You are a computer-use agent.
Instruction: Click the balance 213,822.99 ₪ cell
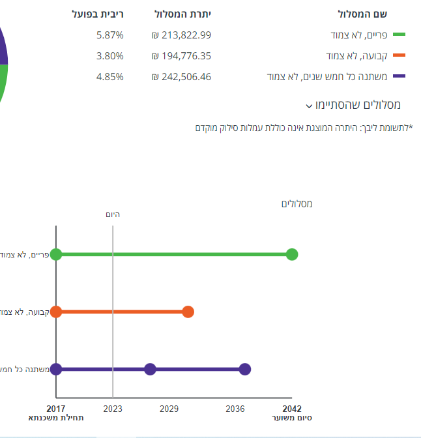click(x=181, y=35)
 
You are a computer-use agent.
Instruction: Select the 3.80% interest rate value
click(x=109, y=56)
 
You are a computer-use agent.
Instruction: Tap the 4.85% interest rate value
click(x=109, y=77)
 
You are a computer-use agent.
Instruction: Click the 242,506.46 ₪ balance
click(x=181, y=77)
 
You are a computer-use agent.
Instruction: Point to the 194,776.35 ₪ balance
click(x=181, y=56)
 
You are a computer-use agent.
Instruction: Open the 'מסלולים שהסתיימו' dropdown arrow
click(x=308, y=106)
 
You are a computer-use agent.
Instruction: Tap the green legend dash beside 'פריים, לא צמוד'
click(x=399, y=35)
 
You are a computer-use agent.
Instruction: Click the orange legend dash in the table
click(x=399, y=56)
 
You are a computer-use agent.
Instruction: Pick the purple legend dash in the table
click(x=399, y=77)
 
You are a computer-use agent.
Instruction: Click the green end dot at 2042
click(x=292, y=254)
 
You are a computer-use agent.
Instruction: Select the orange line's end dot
click(x=188, y=312)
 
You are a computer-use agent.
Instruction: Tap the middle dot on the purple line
click(x=150, y=369)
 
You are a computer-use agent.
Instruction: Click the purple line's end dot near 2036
click(x=244, y=369)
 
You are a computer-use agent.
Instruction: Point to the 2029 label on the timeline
click(x=169, y=409)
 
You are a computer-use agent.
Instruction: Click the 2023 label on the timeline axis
click(x=113, y=409)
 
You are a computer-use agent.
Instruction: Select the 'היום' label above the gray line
click(x=113, y=214)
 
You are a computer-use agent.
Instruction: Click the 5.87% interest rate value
click(x=109, y=35)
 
